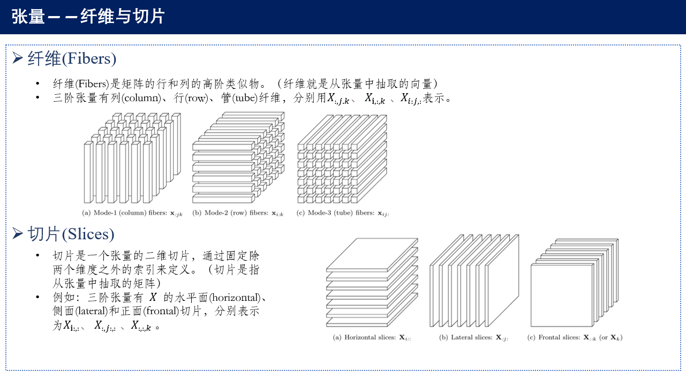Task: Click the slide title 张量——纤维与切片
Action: [88, 17]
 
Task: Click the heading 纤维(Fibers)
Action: [72, 58]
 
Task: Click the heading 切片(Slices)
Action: [71, 234]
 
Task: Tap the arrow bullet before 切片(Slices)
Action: [18, 233]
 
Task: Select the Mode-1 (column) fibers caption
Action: [132, 213]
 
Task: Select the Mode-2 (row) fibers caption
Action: [238, 213]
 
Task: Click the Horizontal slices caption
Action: [372, 338]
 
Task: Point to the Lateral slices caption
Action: [473, 338]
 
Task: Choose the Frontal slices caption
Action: [575, 338]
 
